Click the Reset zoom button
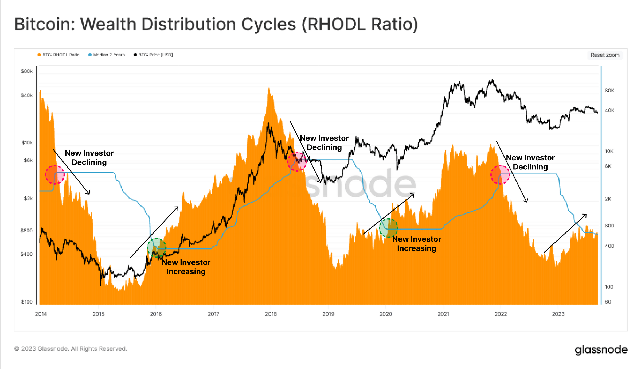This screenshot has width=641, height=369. pos(605,55)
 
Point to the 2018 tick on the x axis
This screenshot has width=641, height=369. pos(271,314)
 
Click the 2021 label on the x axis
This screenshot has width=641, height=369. pos(443,314)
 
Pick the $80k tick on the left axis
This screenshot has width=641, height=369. pos(27,71)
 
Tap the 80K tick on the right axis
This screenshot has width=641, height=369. pos(609,91)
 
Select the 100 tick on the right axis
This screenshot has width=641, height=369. pos(609,287)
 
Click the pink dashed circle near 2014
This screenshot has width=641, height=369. pos(55,175)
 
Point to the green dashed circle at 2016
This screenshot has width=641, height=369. pos(157,248)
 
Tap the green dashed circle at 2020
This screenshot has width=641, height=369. pos(389,228)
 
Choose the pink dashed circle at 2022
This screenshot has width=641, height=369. pos(500,175)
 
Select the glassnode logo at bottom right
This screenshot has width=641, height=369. pos(601,350)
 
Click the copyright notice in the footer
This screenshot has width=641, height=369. pos(71,349)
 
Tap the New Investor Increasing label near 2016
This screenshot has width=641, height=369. pos(186,267)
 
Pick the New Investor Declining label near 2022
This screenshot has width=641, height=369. pos(530,162)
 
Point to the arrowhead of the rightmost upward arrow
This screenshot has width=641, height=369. pos(586,214)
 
